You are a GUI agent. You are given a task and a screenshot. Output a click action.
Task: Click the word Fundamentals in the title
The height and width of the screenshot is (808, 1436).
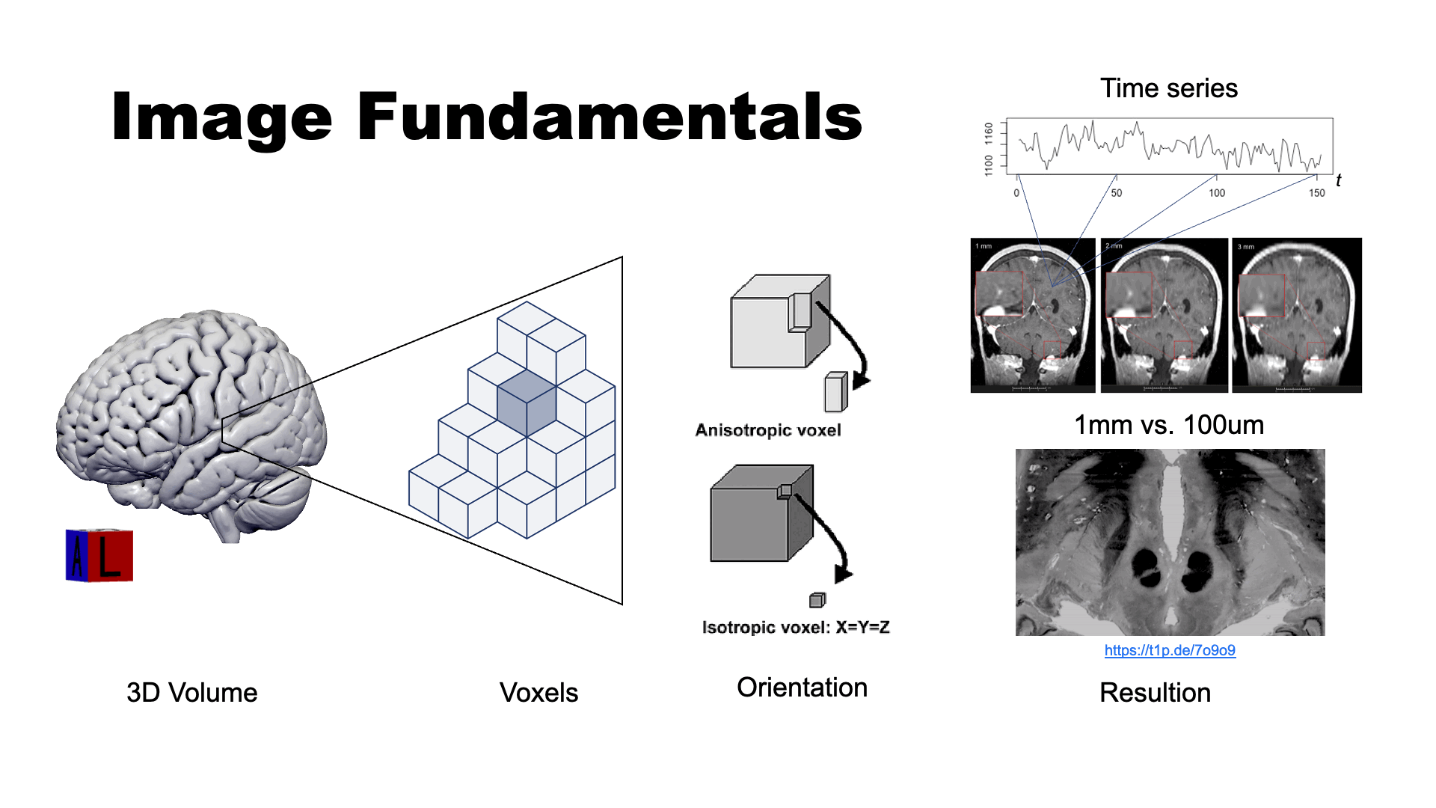click(610, 117)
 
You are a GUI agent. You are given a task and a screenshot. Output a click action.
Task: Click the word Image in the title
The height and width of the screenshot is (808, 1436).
click(221, 117)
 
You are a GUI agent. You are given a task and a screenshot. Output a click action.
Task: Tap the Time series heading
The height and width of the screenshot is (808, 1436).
click(1168, 88)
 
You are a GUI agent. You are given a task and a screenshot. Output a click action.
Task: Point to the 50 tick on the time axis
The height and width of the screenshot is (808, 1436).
click(1116, 193)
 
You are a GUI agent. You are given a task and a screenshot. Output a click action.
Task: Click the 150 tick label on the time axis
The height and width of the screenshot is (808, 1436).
click(1316, 193)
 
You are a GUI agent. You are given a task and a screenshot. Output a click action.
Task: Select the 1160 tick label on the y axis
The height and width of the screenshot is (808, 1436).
click(989, 134)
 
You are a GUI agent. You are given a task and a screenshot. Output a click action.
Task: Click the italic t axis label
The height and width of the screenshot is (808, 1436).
click(1338, 180)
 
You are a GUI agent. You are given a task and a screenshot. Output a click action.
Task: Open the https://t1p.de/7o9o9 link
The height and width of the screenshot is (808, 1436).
click(1170, 650)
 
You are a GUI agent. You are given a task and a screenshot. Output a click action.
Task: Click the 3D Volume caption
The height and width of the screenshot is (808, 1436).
click(191, 693)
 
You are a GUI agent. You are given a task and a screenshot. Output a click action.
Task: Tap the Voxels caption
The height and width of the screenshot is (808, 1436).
click(538, 693)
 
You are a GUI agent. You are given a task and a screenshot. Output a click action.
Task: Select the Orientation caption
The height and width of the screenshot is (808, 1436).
click(802, 688)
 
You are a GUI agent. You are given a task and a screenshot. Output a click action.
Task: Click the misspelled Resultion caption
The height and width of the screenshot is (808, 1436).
click(1155, 693)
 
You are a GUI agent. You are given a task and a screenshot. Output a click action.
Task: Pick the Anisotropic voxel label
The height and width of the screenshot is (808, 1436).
click(768, 430)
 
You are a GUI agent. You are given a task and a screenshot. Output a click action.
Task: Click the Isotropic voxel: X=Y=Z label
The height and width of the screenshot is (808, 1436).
click(796, 627)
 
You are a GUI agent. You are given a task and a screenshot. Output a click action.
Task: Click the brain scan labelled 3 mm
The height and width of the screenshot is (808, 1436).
click(1296, 315)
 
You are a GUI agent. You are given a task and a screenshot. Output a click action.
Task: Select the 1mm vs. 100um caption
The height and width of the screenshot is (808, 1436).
click(1168, 425)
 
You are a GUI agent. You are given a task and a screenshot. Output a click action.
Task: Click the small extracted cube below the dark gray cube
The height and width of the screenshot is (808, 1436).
click(817, 600)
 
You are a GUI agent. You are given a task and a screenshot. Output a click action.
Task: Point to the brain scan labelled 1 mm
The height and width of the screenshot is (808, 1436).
click(1033, 315)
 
